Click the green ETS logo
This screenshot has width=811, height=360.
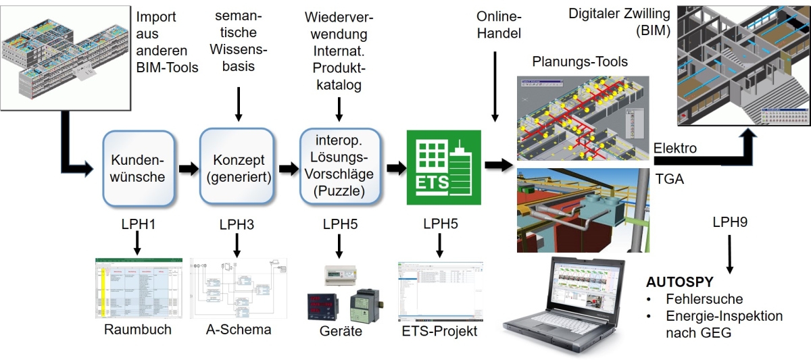point(443,168)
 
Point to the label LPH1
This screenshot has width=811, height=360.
point(137,223)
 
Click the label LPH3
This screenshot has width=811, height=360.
point(236,223)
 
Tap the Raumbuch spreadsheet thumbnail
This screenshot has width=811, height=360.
point(138,287)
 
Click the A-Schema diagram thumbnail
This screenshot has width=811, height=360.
point(237,287)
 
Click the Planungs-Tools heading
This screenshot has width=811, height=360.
point(580,62)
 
